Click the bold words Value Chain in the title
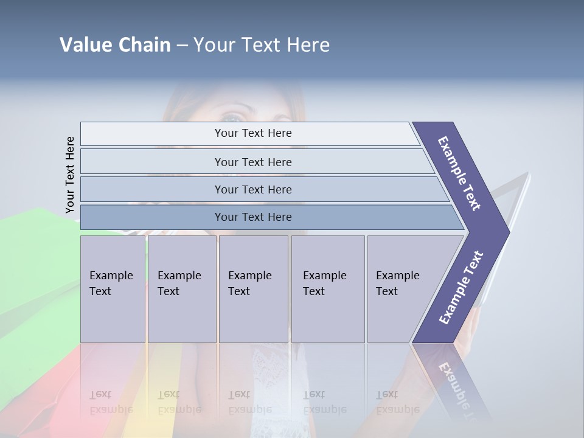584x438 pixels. [x=115, y=45]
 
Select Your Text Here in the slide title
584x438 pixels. [x=262, y=45]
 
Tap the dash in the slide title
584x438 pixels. [x=182, y=46]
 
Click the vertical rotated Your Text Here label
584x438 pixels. [x=70, y=175]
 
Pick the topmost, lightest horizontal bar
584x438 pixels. [x=252, y=133]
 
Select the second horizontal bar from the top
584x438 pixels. [x=252, y=162]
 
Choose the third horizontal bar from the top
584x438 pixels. [x=252, y=189]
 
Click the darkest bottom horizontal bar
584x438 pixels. [x=252, y=217]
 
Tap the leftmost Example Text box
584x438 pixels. [x=113, y=288]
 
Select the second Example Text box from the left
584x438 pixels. [x=181, y=288]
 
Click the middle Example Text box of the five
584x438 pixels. [x=253, y=288]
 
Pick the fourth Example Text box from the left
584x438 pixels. [x=328, y=288]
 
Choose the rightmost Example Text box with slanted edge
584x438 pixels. [x=401, y=288]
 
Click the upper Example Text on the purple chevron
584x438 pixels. [x=459, y=173]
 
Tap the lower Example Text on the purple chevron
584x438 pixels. [x=461, y=287]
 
